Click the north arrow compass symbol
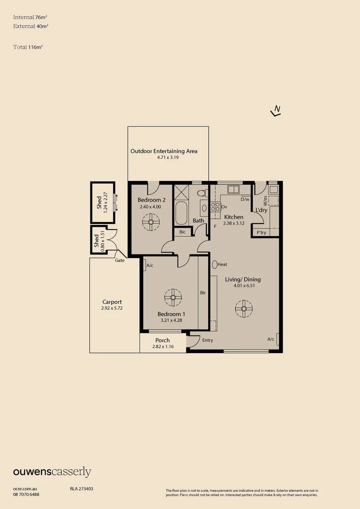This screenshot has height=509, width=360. [276, 111]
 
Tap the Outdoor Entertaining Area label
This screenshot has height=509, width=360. [164, 151]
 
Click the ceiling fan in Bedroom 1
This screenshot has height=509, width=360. [173, 297]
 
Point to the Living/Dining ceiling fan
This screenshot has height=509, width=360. [244, 309]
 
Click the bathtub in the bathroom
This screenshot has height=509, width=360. [181, 213]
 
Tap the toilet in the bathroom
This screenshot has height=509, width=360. [201, 193]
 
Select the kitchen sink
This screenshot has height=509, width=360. [233, 189]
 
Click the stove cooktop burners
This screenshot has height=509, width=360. [215, 206]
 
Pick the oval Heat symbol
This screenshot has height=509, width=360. [214, 265]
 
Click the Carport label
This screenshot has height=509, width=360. [112, 302]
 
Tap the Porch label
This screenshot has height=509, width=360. [163, 340]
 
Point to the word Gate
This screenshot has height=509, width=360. [120, 260]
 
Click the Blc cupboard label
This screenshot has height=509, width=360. [182, 232]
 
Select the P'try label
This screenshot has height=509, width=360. [261, 233]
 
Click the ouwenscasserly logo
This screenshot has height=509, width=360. [52, 472]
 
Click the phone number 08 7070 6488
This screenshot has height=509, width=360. [26, 494]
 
